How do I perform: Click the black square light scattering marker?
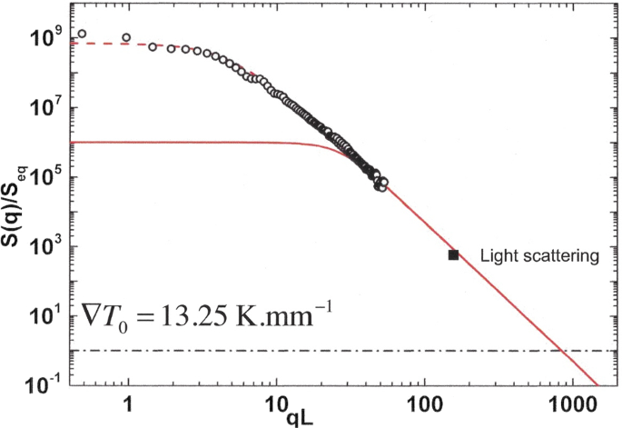[453, 255]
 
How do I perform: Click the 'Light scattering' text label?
[538, 257]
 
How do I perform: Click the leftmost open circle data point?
[82, 34]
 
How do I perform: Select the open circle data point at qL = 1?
[126, 38]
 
